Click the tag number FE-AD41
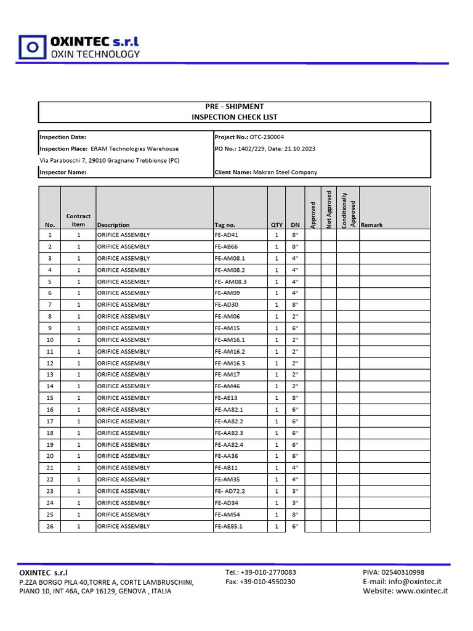tap(226, 235)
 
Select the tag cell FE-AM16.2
tap(230, 351)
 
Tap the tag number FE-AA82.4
tap(229, 444)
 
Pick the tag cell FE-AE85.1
tap(228, 526)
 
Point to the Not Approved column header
tap(329, 209)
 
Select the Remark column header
tap(371, 225)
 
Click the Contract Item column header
tap(78, 220)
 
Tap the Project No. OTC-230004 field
tap(249, 137)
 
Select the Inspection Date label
tap(63, 137)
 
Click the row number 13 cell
tap(50, 375)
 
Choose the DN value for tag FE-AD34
tap(295, 503)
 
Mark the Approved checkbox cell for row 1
tap(312, 235)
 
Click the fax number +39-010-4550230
tap(261, 581)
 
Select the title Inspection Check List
tap(234, 117)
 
